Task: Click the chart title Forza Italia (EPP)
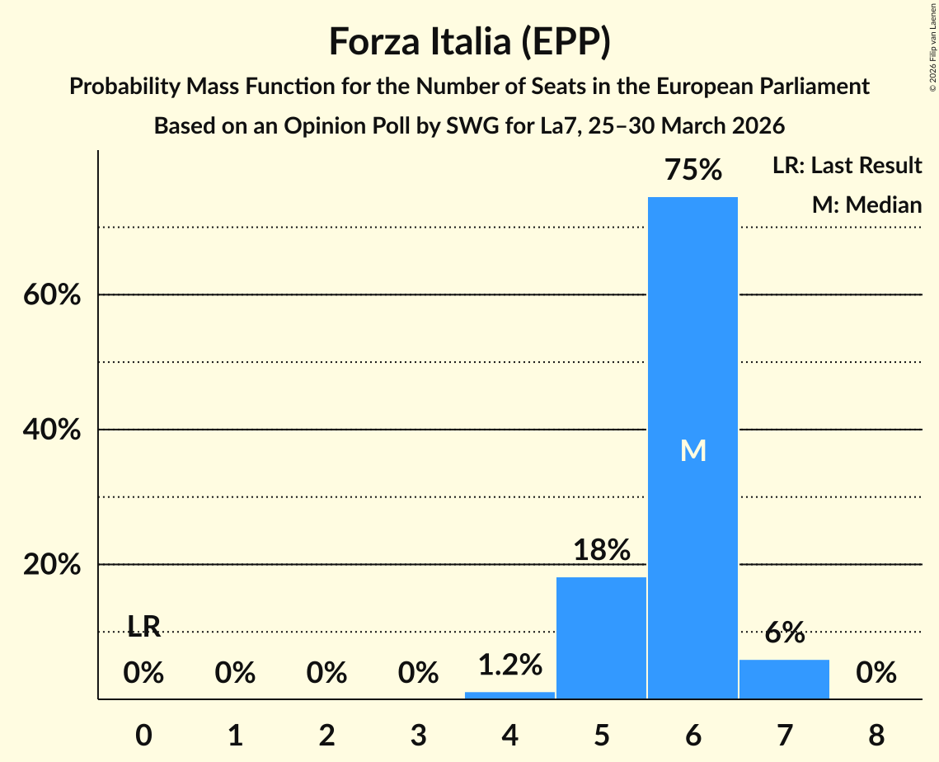469,41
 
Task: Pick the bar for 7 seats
784,679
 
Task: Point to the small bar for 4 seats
509,695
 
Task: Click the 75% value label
693,171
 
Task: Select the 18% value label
601,550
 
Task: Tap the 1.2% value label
509,665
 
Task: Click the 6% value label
784,633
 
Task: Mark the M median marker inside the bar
693,450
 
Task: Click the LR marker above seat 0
143,628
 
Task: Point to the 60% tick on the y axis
52,295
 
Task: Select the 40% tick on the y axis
52,430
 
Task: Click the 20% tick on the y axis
52,566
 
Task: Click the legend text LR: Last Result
847,166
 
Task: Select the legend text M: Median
866,205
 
